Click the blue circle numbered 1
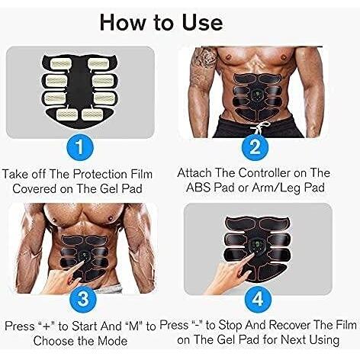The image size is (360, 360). (80, 147)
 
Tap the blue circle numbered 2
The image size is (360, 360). (256, 147)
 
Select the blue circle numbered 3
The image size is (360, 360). (83, 298)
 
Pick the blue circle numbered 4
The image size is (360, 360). (258, 299)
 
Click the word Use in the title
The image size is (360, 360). (202, 23)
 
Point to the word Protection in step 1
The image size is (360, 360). (100, 175)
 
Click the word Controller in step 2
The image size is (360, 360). (264, 173)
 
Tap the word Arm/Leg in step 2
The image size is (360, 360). (275, 188)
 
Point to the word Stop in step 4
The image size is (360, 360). (230, 326)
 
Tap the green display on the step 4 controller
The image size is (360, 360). (256, 246)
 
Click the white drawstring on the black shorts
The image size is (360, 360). (260, 128)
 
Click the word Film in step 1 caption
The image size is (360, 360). (141, 175)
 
